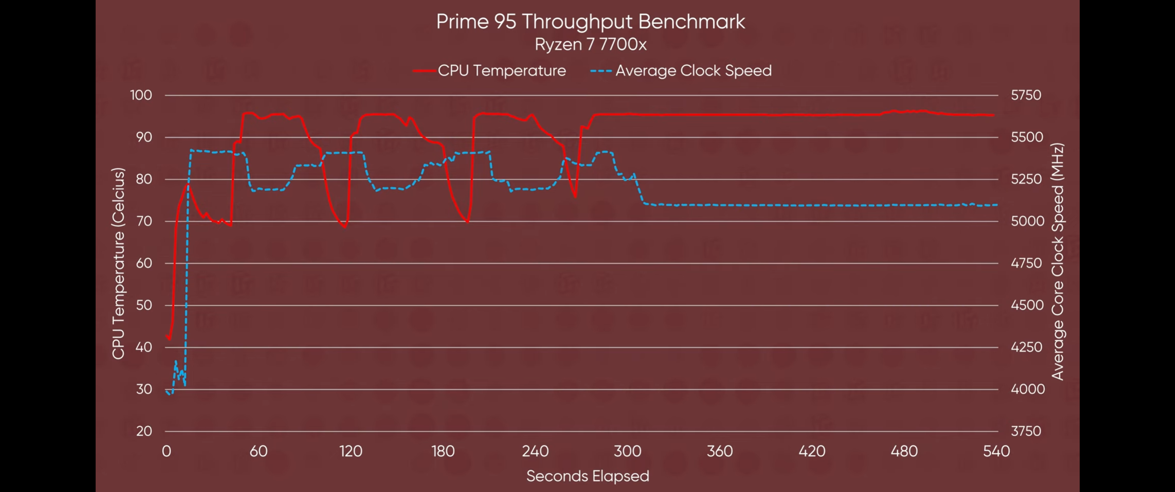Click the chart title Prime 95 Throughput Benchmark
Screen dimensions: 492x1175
coord(590,22)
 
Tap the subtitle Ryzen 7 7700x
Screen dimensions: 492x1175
coord(590,44)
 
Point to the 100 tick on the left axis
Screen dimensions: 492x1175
coord(141,95)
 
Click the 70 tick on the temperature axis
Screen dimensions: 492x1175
coord(144,221)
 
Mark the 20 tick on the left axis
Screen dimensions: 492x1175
coord(144,431)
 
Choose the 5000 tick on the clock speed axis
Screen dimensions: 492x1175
coord(1027,221)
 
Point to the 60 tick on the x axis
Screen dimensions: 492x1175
coord(258,451)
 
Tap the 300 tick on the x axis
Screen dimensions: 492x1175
coord(627,451)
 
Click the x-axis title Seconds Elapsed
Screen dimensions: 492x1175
coord(587,476)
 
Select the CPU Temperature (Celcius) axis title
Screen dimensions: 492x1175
coord(118,263)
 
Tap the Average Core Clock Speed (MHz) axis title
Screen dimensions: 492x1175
coord(1057,261)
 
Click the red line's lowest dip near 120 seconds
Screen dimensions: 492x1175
coord(345,227)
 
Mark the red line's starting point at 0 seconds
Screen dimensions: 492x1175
coord(167,336)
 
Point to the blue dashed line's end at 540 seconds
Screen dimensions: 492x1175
coord(996,205)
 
